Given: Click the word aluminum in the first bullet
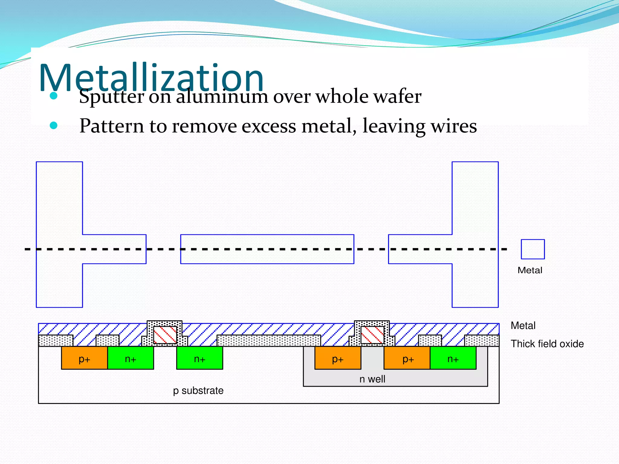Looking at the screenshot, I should [x=222, y=97].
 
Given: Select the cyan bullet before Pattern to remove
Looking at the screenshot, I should [x=53, y=125].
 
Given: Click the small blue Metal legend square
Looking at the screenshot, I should [x=533, y=249].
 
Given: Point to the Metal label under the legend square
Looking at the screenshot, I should [x=530, y=270].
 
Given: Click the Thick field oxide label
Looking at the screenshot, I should [x=547, y=344].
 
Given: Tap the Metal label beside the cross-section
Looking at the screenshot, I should [x=523, y=326].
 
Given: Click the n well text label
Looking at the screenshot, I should [x=372, y=379].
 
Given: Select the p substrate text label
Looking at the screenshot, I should [x=198, y=391].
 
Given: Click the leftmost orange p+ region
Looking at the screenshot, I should [x=84, y=358].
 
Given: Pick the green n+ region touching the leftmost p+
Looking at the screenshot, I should [x=131, y=358].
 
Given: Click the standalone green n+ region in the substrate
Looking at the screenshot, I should [x=199, y=358].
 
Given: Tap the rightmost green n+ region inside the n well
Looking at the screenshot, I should [x=453, y=358].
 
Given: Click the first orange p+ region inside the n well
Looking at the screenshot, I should [x=338, y=358].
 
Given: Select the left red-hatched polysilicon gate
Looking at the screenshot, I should [x=165, y=335].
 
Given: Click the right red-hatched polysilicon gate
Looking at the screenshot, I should [x=372, y=335].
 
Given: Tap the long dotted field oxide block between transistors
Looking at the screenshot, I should [x=269, y=341].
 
